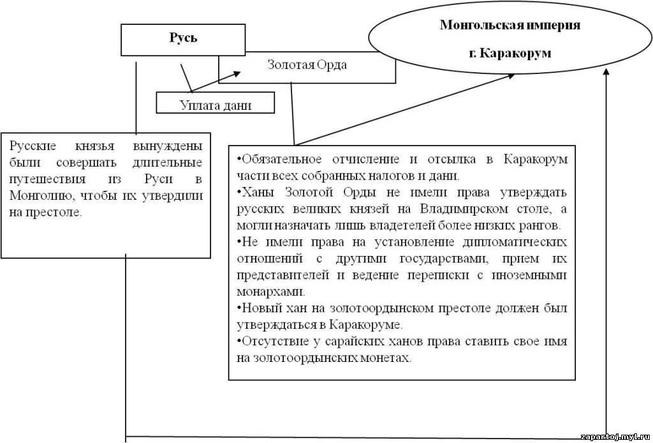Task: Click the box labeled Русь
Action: [183, 39]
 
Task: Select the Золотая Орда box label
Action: [307, 65]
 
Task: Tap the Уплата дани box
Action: [215, 105]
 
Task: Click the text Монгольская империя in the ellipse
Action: [510, 25]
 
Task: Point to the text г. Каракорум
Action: [510, 52]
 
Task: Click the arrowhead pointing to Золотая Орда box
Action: [237, 73]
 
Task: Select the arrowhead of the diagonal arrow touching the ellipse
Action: [511, 76]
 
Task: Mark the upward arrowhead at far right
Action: [606, 74]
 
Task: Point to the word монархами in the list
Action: [271, 292]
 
